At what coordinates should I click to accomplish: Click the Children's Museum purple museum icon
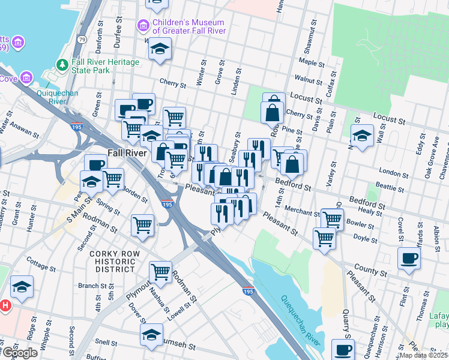click(x=143, y=25)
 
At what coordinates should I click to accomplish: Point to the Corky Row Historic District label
click(x=112, y=262)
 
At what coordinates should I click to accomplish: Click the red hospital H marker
click(x=6, y=305)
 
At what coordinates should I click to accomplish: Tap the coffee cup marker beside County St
click(x=409, y=258)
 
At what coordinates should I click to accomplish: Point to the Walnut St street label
click(x=309, y=79)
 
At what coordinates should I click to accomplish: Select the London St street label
click(x=394, y=173)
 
